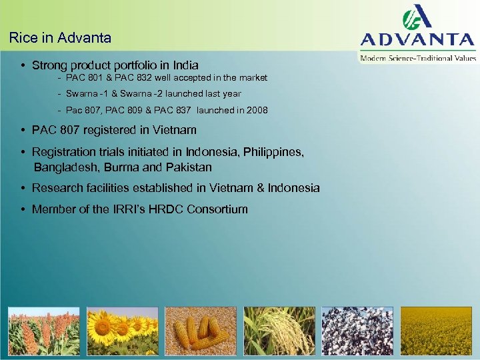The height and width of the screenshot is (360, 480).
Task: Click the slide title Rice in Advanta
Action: tap(60, 38)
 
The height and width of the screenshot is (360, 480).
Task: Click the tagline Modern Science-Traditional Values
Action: tap(418, 58)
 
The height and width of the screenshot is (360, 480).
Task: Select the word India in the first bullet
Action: tap(185, 65)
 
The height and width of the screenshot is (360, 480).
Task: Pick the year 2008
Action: tap(256, 110)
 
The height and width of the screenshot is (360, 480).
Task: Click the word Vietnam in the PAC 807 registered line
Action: tap(176, 130)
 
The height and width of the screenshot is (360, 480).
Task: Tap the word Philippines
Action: tap(273, 152)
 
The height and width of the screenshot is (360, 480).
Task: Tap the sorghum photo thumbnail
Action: tap(43, 331)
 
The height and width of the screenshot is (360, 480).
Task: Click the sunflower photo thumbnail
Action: tap(122, 331)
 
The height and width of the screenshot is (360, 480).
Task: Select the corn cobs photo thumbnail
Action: tap(201, 331)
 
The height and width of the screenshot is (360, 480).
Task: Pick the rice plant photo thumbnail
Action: tap(279, 331)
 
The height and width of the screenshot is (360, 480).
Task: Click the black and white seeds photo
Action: tap(357, 331)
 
